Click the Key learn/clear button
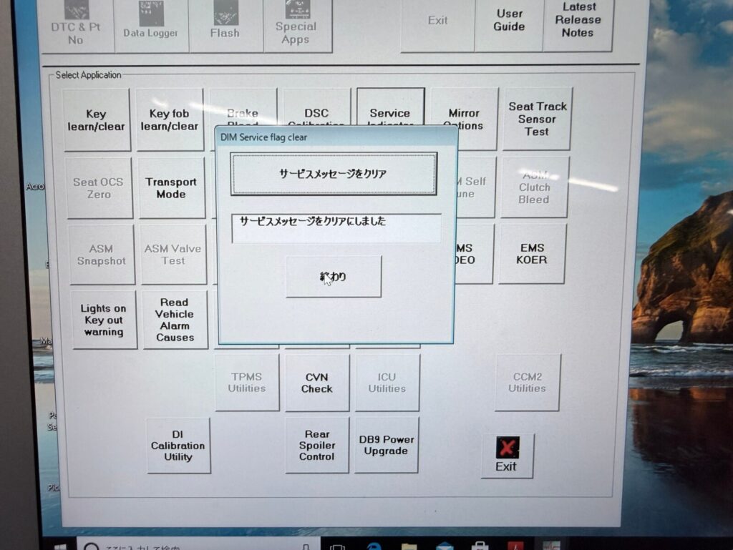(x=97, y=120)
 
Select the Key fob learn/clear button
(x=170, y=120)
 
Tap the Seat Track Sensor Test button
(x=537, y=119)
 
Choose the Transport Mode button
(x=171, y=187)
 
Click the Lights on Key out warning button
(x=104, y=320)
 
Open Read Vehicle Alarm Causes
(x=175, y=320)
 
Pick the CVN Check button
(x=317, y=383)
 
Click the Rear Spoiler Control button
(x=317, y=445)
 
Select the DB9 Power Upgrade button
(x=387, y=445)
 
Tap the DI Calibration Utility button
(x=178, y=446)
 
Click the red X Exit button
(x=507, y=455)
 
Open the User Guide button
(x=510, y=20)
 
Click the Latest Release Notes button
(x=578, y=20)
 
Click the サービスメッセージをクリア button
(x=334, y=174)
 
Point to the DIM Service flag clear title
(x=264, y=137)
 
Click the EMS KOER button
(x=533, y=254)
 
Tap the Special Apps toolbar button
(x=297, y=26)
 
